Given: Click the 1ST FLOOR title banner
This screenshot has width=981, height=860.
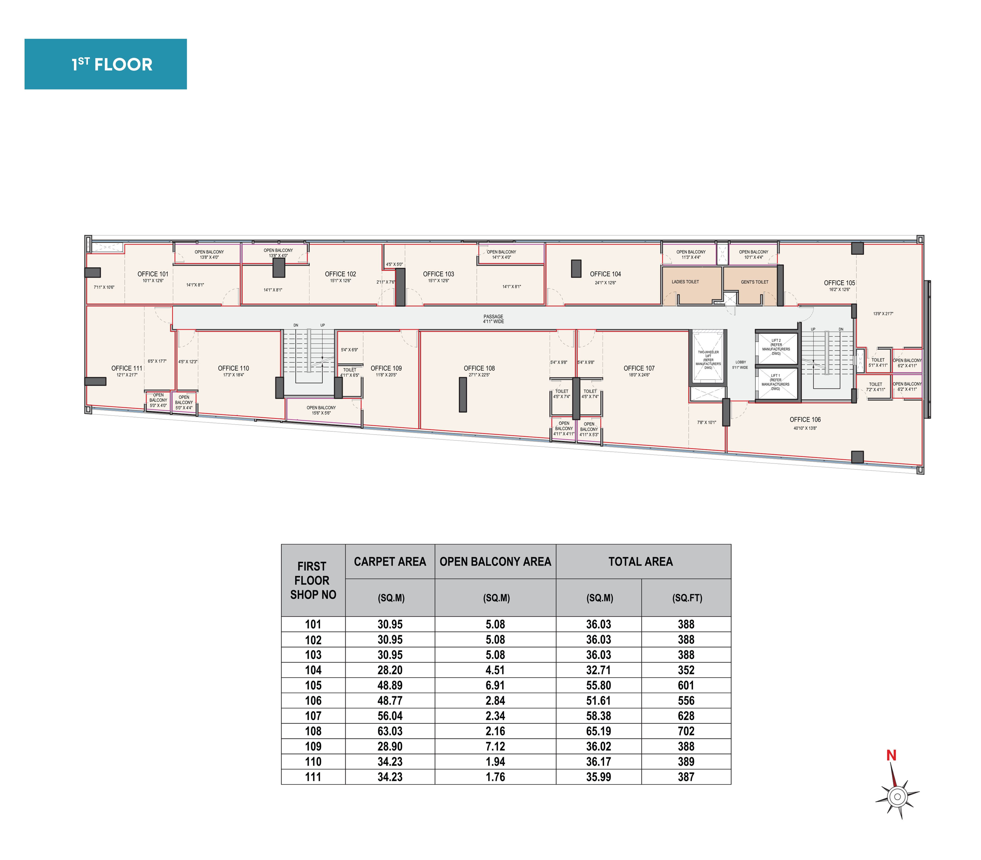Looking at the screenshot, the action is [x=105, y=64].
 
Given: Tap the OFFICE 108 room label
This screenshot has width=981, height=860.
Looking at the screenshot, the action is [x=479, y=368].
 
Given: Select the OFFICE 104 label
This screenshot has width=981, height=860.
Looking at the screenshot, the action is [x=605, y=274].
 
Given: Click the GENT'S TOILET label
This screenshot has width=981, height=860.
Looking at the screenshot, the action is [x=755, y=282].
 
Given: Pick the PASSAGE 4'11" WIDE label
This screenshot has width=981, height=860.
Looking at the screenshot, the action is [x=493, y=319].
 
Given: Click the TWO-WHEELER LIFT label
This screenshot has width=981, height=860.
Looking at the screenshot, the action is [x=708, y=360].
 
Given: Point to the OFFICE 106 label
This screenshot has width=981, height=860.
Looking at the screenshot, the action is [x=805, y=420].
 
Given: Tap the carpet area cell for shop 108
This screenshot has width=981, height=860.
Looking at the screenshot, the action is [x=390, y=731].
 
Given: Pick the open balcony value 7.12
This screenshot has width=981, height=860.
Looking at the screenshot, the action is [x=495, y=746].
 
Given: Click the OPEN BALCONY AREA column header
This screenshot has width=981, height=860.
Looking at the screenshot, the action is [x=495, y=562].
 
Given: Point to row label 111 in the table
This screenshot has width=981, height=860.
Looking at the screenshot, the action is [x=313, y=777].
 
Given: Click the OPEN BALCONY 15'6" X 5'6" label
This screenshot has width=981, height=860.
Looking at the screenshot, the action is [x=321, y=410].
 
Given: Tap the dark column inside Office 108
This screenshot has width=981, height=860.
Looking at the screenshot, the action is [x=463, y=395].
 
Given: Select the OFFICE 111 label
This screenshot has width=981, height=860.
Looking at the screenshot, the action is [x=127, y=368].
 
